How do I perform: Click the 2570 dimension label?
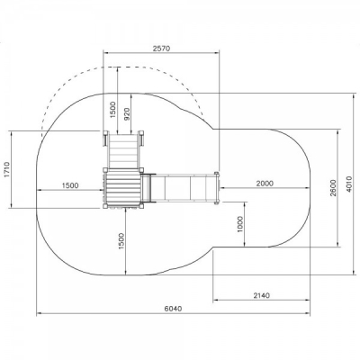pos(161,49)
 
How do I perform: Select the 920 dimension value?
pos(126,114)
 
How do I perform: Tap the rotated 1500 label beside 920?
pos(112,110)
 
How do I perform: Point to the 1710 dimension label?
pos(7,170)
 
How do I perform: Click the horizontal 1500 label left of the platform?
pos(70,185)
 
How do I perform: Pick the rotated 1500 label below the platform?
pos(121,241)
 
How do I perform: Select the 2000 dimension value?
pos(265,184)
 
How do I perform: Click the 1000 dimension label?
pos(240,224)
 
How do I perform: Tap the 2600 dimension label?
pos(333,188)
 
